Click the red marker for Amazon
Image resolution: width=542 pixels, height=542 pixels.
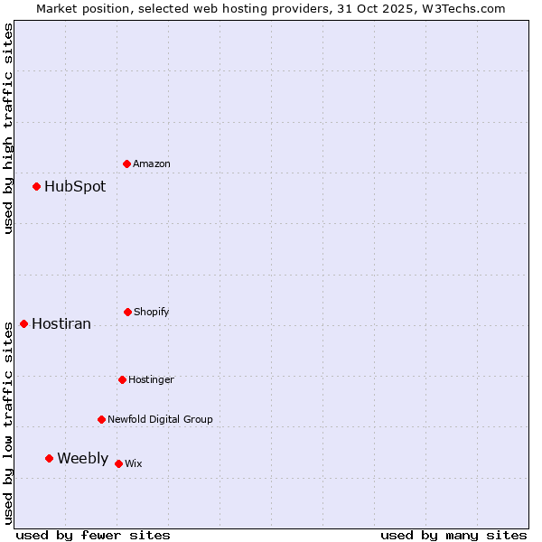tap(126, 164)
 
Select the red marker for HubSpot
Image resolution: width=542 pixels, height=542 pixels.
tap(36, 186)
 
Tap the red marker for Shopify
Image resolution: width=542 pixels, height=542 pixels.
tap(127, 312)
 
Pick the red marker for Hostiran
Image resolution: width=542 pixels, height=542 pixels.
tap(23, 323)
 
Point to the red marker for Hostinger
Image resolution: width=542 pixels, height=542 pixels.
tap(122, 379)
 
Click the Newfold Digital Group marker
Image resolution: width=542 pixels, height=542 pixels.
tap(101, 419)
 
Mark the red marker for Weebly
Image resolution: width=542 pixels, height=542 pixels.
tap(49, 458)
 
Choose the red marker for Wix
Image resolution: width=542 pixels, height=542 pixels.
tap(118, 463)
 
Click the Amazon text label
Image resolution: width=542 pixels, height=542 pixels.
tap(152, 164)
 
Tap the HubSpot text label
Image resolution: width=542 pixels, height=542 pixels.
tap(75, 187)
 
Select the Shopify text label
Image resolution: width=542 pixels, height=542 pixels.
tap(152, 312)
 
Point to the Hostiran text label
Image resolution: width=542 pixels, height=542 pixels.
tap(61, 324)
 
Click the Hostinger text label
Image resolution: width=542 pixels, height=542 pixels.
tap(151, 379)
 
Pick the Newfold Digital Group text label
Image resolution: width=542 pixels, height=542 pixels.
tap(160, 419)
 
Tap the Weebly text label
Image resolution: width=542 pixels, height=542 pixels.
tap(82, 459)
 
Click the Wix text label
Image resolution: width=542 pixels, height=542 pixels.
tap(134, 463)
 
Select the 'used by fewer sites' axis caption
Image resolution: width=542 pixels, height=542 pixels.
tap(93, 535)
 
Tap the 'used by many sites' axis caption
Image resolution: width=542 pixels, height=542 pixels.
tap(453, 535)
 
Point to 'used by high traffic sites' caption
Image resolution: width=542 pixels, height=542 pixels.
tap(8, 128)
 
